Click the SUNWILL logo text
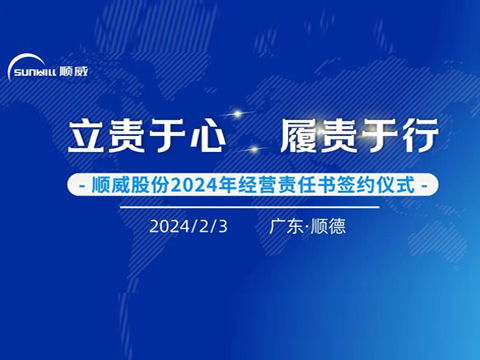33,72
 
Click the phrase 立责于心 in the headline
128,134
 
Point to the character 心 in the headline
173,134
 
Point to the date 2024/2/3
189,226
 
